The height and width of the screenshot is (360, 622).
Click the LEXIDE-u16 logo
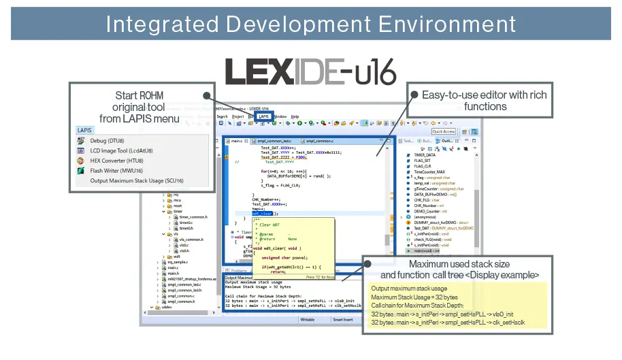(310, 71)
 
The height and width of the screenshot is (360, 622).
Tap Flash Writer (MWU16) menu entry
(116, 171)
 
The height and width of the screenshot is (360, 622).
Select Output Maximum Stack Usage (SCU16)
(136, 181)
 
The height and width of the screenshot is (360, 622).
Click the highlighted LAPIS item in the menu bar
(263, 116)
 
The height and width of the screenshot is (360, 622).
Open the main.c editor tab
(235, 141)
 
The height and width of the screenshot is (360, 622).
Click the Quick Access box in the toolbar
(443, 131)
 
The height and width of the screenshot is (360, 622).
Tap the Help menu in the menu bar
(295, 116)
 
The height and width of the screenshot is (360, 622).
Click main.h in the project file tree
(172, 274)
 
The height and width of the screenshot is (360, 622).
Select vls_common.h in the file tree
(190, 240)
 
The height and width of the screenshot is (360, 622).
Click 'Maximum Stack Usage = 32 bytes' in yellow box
(414, 297)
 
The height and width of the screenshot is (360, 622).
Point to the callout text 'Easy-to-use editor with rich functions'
(484, 101)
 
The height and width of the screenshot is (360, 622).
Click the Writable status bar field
(307, 318)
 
